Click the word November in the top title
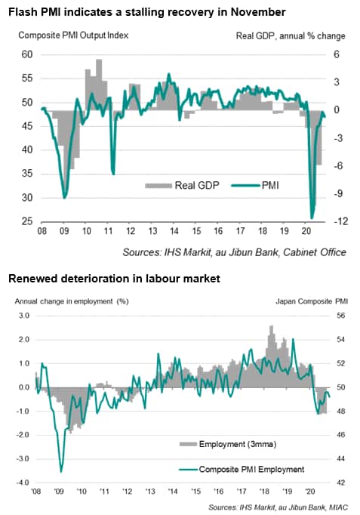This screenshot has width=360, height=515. [258, 12]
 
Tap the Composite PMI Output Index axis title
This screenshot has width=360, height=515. [73, 35]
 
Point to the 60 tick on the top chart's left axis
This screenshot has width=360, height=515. [28, 54]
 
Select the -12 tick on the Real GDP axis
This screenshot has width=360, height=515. [340, 222]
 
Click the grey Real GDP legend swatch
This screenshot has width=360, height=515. [158, 186]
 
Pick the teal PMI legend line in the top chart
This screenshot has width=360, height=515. [246, 186]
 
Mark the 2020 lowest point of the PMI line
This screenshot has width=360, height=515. [312, 218]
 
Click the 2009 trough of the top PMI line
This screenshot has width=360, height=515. [65, 198]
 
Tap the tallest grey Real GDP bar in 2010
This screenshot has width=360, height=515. [99, 85]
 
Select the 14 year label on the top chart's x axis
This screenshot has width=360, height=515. [174, 231]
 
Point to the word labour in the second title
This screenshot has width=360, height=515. [159, 279]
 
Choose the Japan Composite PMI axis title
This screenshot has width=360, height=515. [312, 301]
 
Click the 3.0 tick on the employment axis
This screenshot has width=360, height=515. [23, 316]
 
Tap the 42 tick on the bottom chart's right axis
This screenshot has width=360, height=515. [341, 483]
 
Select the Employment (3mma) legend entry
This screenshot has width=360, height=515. [228, 444]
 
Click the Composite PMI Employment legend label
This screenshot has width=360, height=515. [252, 470]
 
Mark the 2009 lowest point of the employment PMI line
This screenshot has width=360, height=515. [61, 471]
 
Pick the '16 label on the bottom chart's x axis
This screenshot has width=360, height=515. [219, 492]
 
